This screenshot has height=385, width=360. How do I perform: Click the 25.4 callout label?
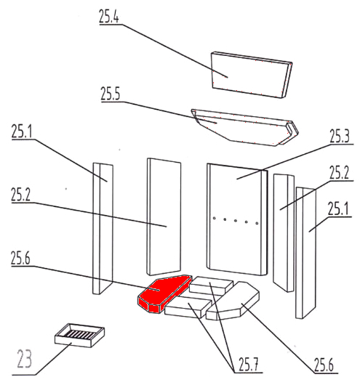(109, 16)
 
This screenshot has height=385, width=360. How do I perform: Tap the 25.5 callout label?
(111, 94)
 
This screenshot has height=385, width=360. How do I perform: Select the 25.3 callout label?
(340, 136)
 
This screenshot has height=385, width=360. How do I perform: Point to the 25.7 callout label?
(249, 364)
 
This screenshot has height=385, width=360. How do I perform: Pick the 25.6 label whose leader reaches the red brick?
(20, 258)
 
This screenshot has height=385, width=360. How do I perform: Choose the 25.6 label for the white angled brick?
(324, 365)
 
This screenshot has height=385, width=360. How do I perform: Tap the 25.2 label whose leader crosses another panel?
(20, 195)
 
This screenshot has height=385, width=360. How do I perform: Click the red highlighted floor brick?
(164, 293)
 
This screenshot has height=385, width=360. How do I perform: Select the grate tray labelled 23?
(79, 335)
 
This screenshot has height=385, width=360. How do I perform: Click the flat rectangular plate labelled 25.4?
(252, 75)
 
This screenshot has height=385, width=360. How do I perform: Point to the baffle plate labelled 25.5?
(244, 127)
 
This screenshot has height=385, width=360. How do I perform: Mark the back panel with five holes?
(237, 219)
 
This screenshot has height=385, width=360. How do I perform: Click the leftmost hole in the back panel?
(214, 218)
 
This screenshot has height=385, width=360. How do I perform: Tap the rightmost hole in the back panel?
(257, 223)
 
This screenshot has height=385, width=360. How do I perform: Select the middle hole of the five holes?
(236, 221)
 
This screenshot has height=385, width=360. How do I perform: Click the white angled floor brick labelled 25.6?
(233, 301)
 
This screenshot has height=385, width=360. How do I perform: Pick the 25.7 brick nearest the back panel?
(211, 285)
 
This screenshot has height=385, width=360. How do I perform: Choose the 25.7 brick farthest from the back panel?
(188, 307)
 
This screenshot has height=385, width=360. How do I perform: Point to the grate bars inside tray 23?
(79, 333)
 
